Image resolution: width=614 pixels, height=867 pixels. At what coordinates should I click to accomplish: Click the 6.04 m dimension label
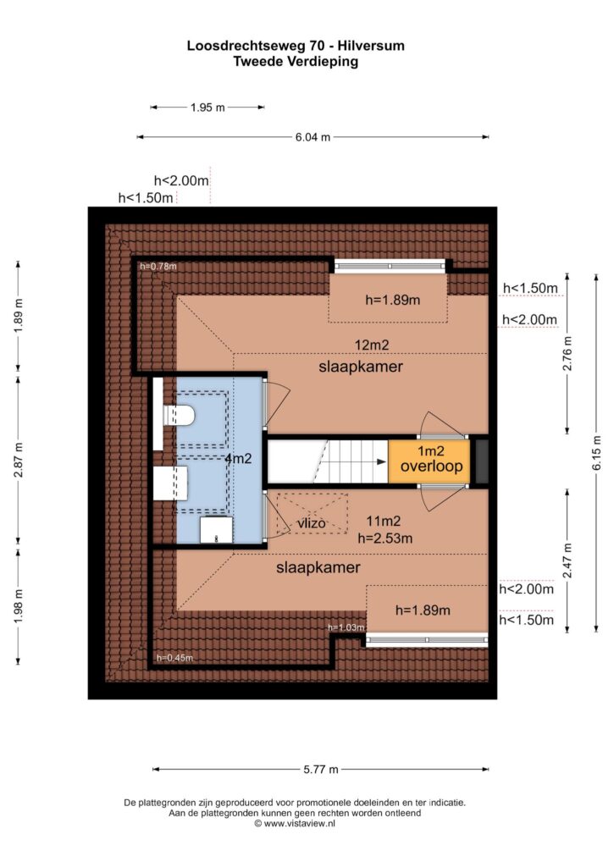pos(313,137)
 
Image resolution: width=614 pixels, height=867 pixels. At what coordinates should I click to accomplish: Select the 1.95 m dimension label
pos(207,108)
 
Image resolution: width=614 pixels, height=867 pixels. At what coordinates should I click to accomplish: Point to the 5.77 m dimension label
pos(321,769)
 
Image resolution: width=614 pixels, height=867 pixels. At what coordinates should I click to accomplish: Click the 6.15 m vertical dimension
pos(596,453)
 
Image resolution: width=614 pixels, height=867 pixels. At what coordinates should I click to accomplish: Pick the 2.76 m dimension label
pos(567,354)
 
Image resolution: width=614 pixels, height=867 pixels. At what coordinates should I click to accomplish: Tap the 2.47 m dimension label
pos(567,561)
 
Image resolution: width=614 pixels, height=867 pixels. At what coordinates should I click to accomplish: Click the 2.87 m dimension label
pos(19,461)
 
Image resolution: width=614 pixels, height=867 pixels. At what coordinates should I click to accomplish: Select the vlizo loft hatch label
pos(312,522)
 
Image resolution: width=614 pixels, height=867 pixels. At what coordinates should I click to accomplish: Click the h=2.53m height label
pos(385,538)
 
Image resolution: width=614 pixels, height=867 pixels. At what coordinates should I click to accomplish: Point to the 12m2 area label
pos(372,345)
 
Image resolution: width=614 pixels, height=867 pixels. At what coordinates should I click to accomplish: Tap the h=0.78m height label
pos(158,266)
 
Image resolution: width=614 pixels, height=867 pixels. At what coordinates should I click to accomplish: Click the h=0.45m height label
pos(174,658)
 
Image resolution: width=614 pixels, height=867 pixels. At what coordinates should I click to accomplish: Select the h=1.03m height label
pos(346,627)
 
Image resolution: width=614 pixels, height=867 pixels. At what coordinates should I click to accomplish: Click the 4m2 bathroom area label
pos(239,458)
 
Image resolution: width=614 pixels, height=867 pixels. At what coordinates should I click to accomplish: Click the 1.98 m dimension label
pos(19,606)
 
